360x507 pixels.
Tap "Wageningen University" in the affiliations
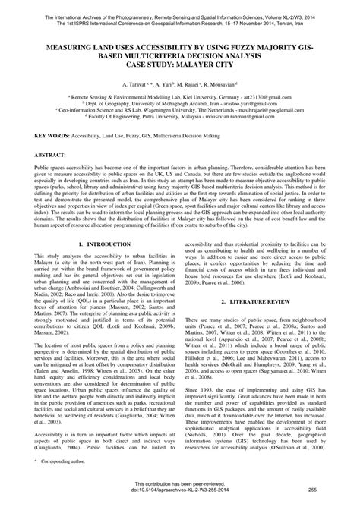176,109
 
